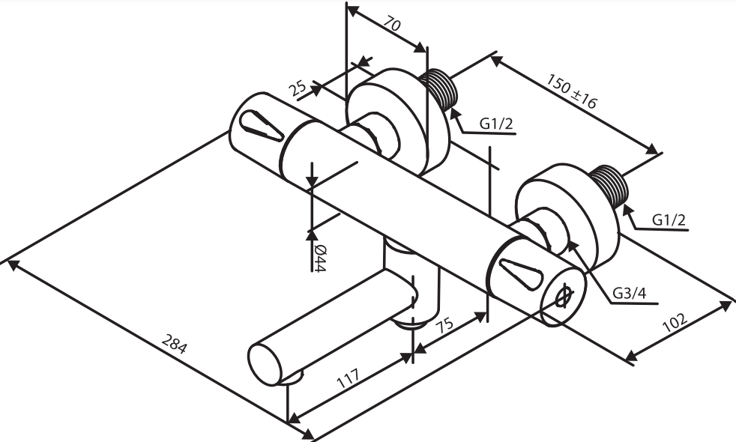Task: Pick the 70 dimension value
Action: pyautogui.click(x=393, y=25)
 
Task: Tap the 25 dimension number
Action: pyautogui.click(x=298, y=88)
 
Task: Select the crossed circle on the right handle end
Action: pyautogui.click(x=564, y=296)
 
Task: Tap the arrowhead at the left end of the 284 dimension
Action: pyautogui.click(x=10, y=262)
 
